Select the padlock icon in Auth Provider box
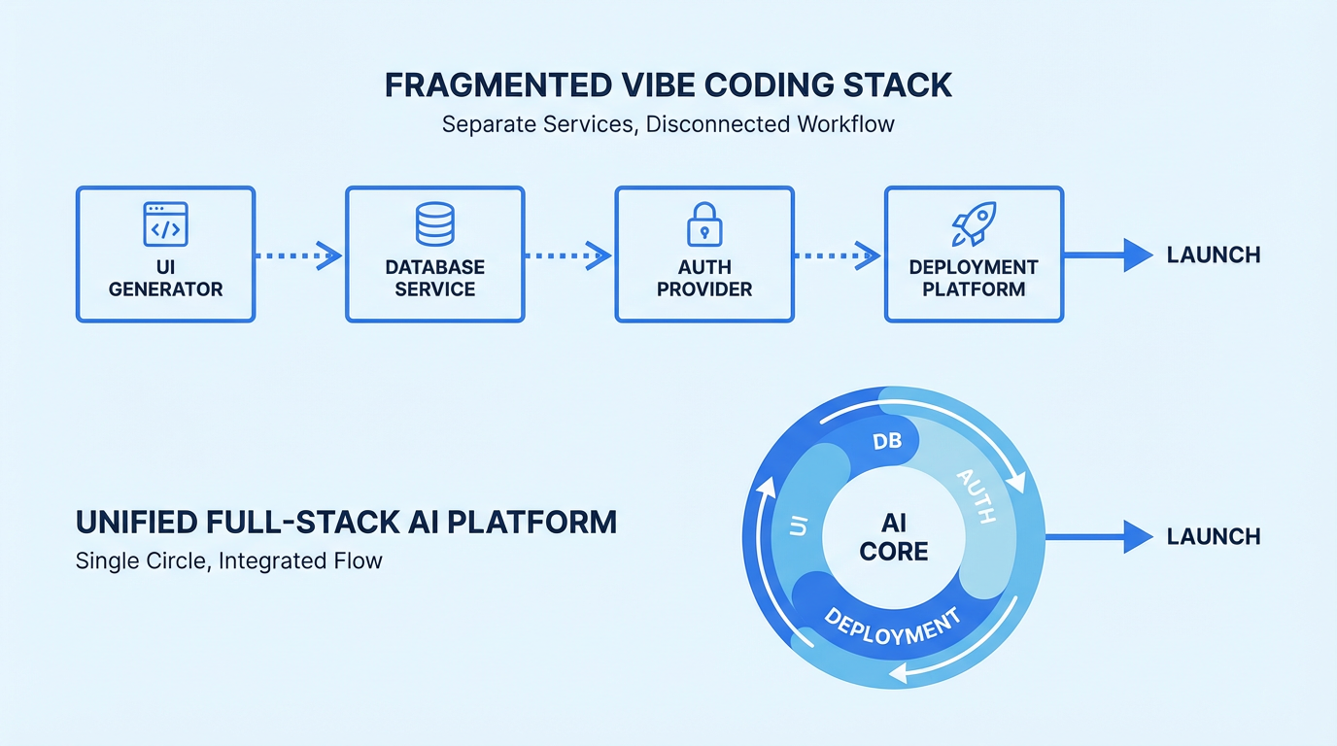704,223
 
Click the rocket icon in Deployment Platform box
974,223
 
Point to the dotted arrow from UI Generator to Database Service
298,255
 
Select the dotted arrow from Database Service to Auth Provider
568,255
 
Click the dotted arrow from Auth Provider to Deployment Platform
838,255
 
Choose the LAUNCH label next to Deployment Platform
1214,255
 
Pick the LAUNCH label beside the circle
1214,536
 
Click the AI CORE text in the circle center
894,537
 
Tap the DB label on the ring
886,441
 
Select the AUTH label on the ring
977,495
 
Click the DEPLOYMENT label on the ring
892,627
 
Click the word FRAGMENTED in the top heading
502,85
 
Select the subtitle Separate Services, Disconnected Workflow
668,125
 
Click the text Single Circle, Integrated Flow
228,560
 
